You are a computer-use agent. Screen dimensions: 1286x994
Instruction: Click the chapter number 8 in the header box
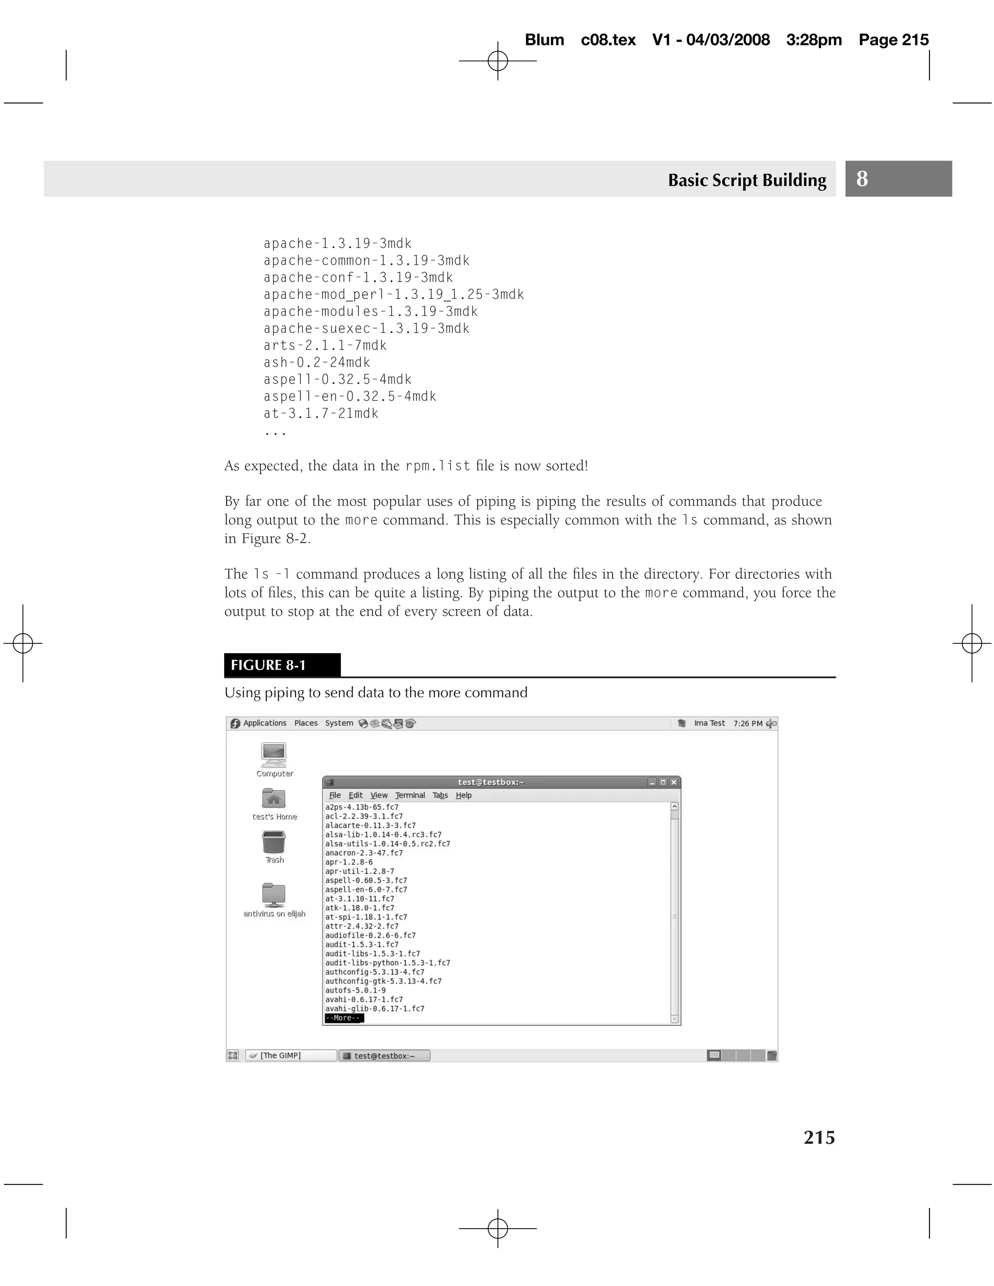point(861,179)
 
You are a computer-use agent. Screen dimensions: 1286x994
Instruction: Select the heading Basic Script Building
point(746,180)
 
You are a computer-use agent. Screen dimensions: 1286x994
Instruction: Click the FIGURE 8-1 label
point(268,665)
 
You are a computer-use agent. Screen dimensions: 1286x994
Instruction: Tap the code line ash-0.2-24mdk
point(317,362)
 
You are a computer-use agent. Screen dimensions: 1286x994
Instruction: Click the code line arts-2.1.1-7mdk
point(325,345)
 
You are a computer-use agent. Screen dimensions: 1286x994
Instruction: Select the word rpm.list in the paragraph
point(437,466)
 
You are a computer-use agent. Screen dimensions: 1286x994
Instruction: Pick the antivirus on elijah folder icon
point(274,895)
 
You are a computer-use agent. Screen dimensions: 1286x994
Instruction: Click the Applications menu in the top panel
point(265,723)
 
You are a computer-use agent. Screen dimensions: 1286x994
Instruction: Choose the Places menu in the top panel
point(306,723)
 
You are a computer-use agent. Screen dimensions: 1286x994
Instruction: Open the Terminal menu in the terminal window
point(410,795)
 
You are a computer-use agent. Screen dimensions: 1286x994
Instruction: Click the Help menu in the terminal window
point(464,795)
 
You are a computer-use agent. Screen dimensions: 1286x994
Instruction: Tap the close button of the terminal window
point(674,782)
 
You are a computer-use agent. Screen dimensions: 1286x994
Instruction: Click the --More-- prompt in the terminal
point(344,1018)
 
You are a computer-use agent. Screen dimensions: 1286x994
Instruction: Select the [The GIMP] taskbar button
point(290,1055)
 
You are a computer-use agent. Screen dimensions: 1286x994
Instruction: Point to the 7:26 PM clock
point(747,723)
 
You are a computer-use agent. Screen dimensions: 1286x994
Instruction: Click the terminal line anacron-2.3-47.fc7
point(364,853)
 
